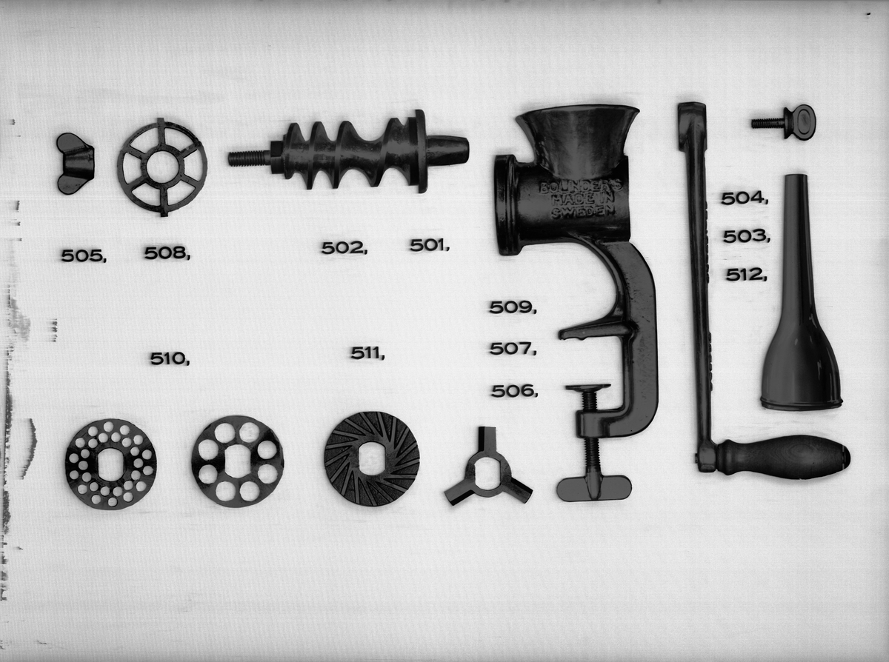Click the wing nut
(x=76, y=164)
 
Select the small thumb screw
(x=785, y=122)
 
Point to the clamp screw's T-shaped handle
(x=594, y=488)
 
